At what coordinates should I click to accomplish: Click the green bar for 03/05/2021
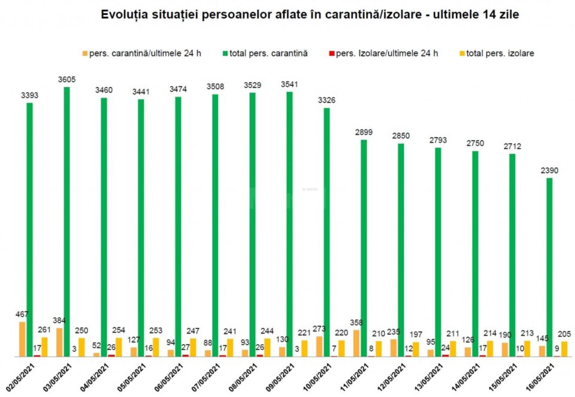66,222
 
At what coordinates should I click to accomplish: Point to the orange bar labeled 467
22,339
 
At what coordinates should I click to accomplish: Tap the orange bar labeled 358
356,343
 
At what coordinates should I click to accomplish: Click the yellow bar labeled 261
44,347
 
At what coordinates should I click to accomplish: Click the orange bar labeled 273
319,347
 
